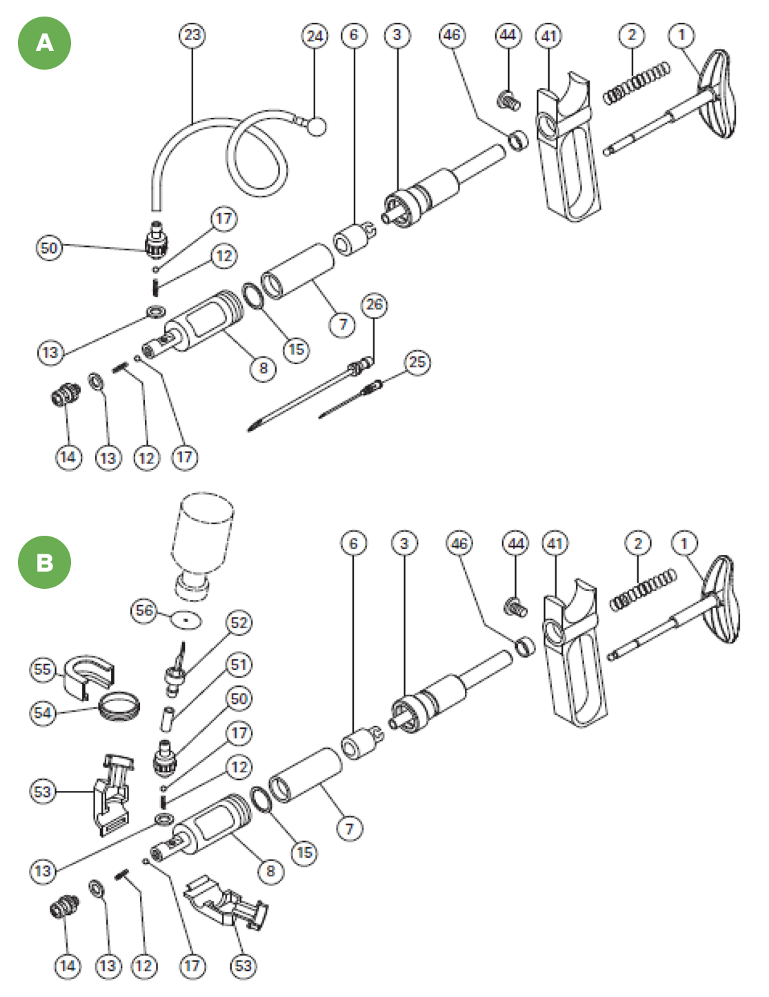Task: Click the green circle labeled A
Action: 44,43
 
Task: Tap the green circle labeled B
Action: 44,562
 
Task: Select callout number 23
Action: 192,34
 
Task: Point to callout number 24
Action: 314,35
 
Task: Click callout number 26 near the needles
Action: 374,304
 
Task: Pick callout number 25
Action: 417,362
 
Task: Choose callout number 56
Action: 144,610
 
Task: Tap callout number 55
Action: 43,669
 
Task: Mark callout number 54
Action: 43,712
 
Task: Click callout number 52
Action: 239,623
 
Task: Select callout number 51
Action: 239,665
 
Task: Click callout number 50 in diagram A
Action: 49,248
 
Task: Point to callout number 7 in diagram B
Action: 349,828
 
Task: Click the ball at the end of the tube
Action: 317,126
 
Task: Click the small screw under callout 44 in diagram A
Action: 508,100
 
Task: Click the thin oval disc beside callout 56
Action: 186,620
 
